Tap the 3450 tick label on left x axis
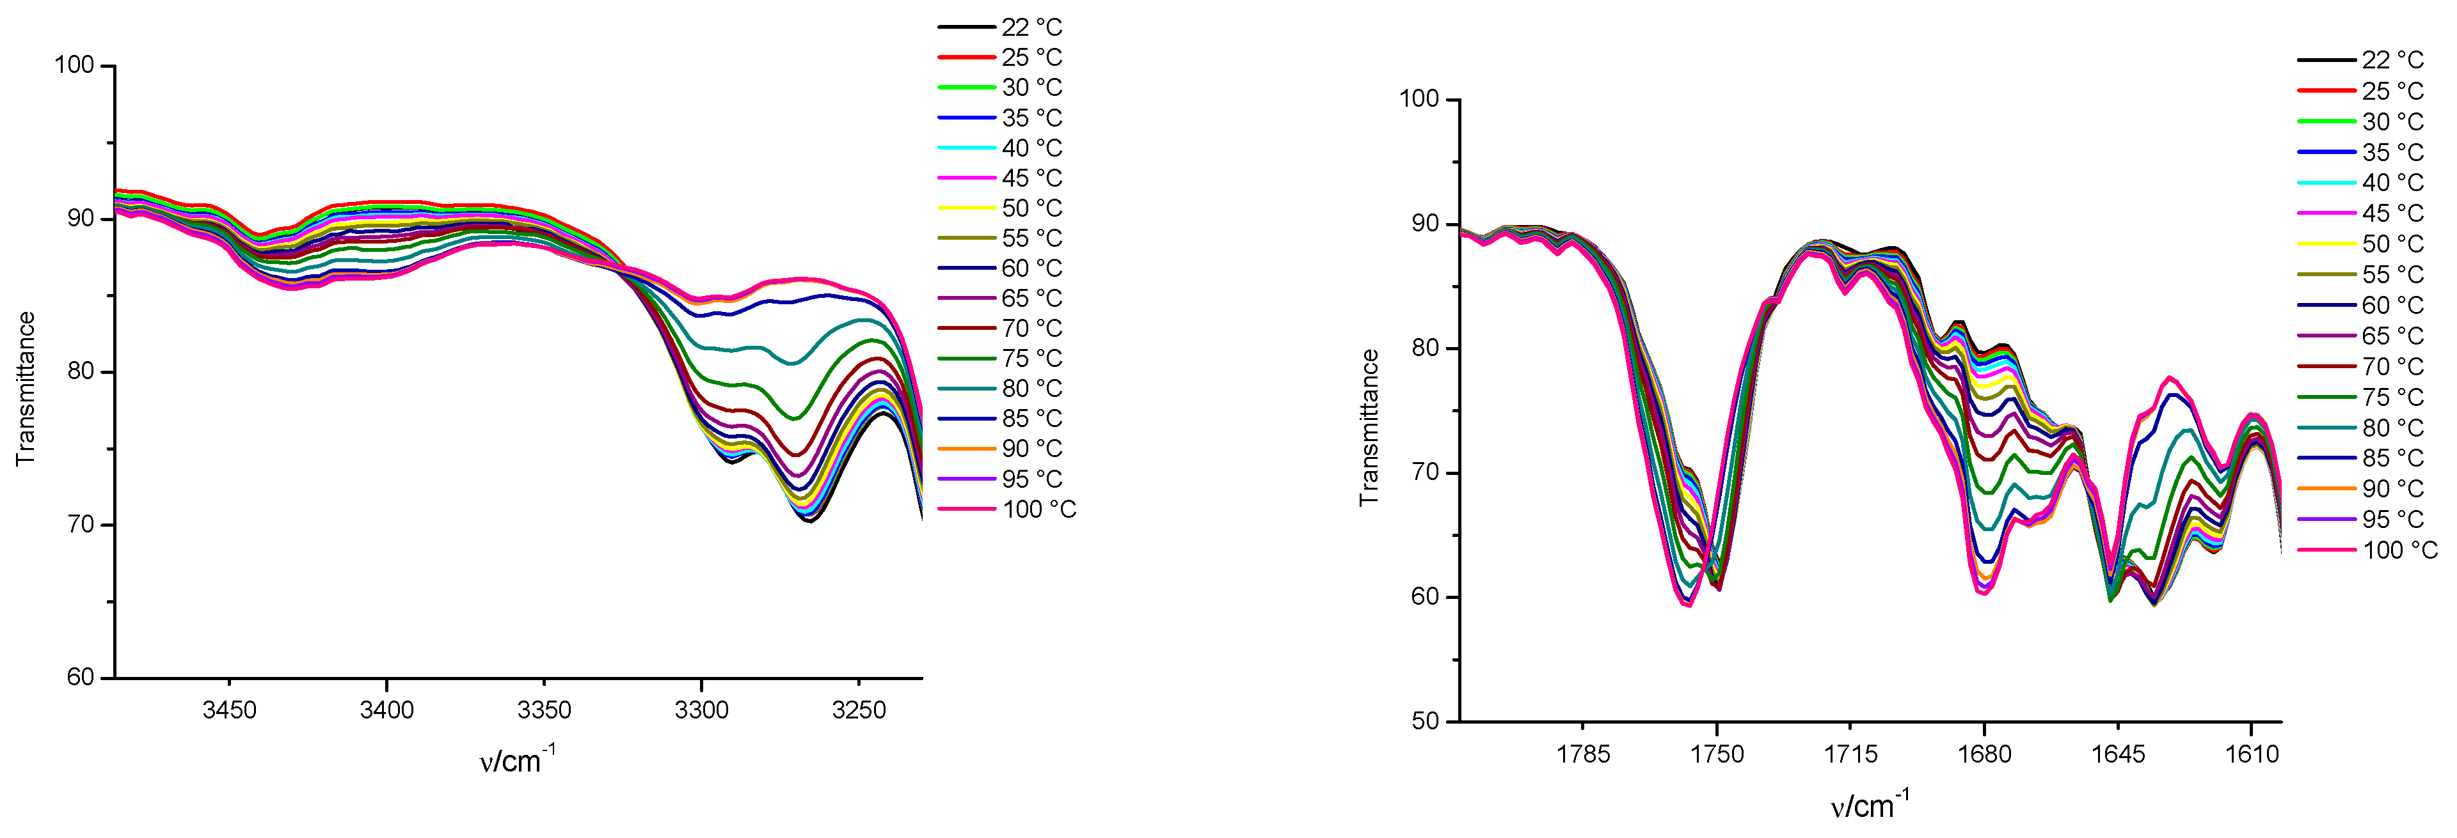(x=229, y=710)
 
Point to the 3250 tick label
(x=859, y=710)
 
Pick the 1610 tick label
(x=2252, y=754)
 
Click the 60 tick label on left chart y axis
(x=81, y=678)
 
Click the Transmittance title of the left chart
(x=26, y=389)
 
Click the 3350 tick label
(x=544, y=710)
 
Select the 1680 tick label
(x=1984, y=754)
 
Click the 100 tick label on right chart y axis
(x=1419, y=99)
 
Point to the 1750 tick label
(x=1717, y=754)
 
